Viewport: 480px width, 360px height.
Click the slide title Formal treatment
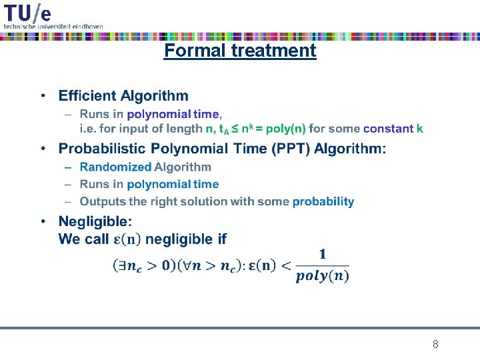pos(240,51)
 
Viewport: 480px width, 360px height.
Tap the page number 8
pos(435,345)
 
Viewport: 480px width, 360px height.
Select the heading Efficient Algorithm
pos(123,97)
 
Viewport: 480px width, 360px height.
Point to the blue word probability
pos(323,201)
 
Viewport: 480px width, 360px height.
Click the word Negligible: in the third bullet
pos(95,221)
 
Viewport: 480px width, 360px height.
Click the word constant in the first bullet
pos(389,128)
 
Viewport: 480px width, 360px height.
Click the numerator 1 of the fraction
pos(323,254)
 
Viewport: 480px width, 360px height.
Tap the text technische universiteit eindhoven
pos(53,26)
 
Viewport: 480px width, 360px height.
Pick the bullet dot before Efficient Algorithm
pos(43,97)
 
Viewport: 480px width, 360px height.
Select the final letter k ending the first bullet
pos(420,128)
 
